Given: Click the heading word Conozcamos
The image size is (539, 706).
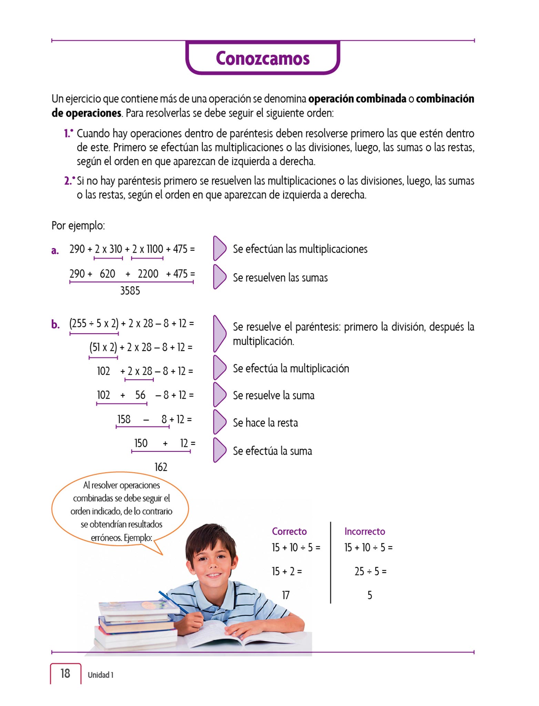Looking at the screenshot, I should (263, 58).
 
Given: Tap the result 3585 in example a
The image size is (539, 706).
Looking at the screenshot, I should (130, 291).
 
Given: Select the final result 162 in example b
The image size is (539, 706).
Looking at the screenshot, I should (161, 467).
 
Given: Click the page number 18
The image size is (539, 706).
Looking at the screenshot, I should (65, 673).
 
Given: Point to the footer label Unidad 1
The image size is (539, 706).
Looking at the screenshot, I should (100, 675).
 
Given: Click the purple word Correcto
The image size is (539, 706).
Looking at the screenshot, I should (289, 531).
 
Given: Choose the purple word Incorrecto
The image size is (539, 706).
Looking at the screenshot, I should (365, 531).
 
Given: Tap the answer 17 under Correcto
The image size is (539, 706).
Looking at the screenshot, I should (286, 595).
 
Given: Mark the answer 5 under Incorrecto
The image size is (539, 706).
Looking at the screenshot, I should (369, 595).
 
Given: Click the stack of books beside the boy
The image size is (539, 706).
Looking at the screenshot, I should (136, 624).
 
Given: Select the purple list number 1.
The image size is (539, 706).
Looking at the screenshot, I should (68, 133).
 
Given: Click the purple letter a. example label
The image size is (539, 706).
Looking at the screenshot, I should (55, 250).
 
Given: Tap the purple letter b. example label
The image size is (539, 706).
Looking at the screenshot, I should (55, 324).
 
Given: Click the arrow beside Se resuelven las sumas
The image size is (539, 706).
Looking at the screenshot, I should (219, 277).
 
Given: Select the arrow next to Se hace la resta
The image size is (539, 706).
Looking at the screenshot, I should (219, 422).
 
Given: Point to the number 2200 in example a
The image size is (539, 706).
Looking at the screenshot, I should (148, 274).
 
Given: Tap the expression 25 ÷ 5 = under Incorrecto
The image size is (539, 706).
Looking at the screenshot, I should (370, 571).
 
